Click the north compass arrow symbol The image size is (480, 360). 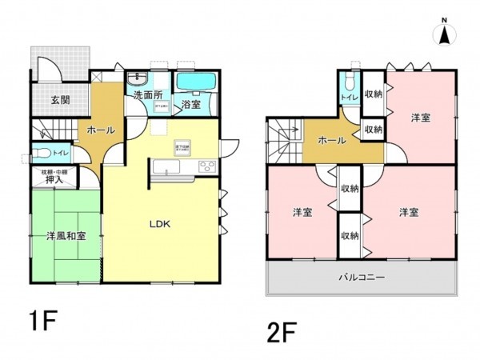pyautogui.click(x=445, y=34)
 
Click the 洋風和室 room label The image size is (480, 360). pyautogui.click(x=66, y=237)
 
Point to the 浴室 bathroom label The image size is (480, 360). pyautogui.click(x=190, y=105)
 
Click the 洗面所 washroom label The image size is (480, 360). pyautogui.click(x=148, y=95)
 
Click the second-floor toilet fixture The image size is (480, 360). pyautogui.click(x=348, y=83)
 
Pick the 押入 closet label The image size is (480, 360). pyautogui.click(x=54, y=180)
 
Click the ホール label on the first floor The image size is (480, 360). pyautogui.click(x=101, y=129)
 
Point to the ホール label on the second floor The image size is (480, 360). pyautogui.click(x=333, y=141)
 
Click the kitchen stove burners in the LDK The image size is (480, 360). pyautogui.click(x=206, y=166)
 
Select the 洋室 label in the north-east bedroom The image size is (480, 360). pyautogui.click(x=421, y=118)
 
